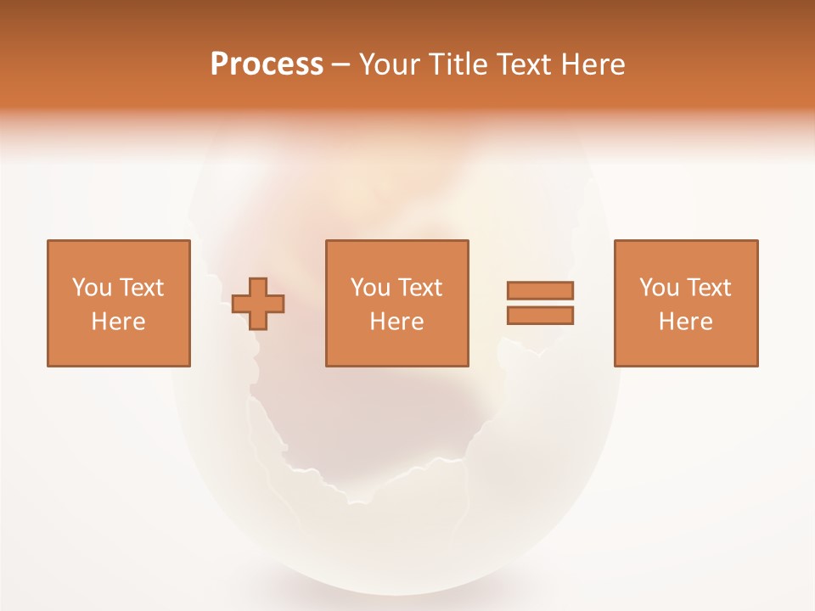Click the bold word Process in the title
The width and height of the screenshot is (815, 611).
pyautogui.click(x=267, y=64)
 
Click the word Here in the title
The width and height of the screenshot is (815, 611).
pyautogui.click(x=594, y=64)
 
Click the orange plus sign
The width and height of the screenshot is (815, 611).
pyautogui.click(x=258, y=304)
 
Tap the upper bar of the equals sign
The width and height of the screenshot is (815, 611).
pyautogui.click(x=540, y=290)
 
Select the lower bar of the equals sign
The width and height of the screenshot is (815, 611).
pyautogui.click(x=540, y=316)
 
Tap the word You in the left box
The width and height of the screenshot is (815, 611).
pyautogui.click(x=92, y=288)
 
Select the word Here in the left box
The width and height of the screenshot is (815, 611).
pyautogui.click(x=119, y=322)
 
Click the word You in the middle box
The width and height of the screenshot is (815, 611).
pyautogui.click(x=370, y=288)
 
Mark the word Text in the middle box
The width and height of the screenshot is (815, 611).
pyautogui.click(x=419, y=288)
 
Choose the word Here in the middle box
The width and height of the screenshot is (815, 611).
pyautogui.click(x=397, y=322)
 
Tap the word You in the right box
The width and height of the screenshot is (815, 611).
pyautogui.click(x=659, y=288)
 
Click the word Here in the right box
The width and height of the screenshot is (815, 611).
pyautogui.click(x=686, y=322)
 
